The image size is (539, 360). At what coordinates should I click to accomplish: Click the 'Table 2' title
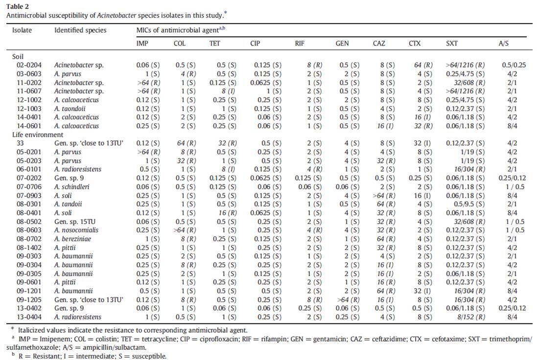tap(18, 6)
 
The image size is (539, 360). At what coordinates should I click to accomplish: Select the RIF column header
tap(300, 43)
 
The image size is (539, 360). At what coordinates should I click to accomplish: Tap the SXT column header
tap(452, 43)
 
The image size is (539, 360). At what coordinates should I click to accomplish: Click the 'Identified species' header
tap(80, 30)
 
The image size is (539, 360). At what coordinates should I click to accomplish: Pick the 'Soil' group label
tap(18, 56)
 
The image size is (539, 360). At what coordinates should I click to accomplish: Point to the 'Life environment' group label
tap(38, 135)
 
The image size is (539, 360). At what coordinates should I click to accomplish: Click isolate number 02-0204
tap(29, 65)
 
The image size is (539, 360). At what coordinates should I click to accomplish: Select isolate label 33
tap(20, 143)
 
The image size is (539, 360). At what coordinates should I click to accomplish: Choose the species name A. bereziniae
tap(72, 239)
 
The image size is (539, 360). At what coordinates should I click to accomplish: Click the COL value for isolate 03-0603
tap(188, 74)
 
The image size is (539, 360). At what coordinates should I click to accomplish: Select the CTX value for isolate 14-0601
tap(423, 126)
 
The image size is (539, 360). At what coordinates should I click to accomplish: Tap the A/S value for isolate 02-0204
tap(514, 65)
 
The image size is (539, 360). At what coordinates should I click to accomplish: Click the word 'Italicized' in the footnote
tap(32, 331)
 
